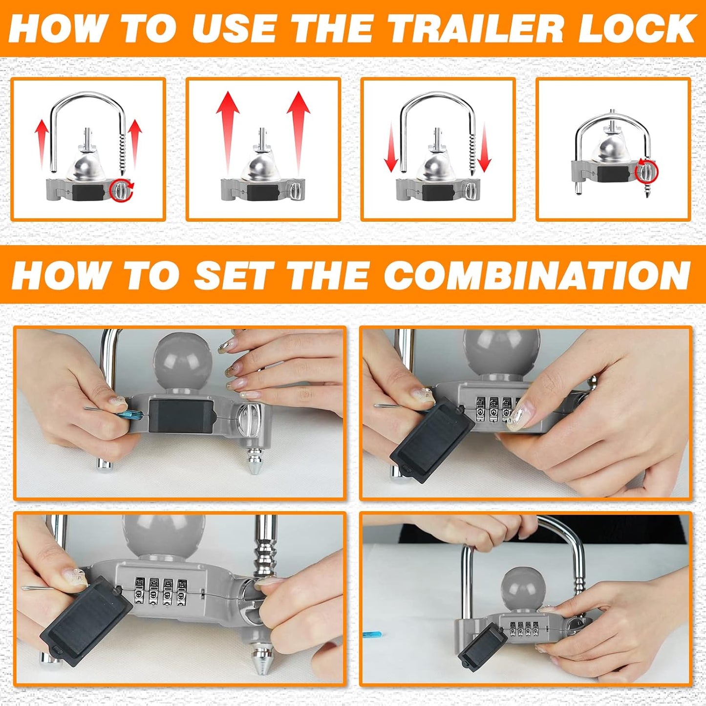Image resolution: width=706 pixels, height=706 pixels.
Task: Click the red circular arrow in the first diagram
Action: [x=121, y=190]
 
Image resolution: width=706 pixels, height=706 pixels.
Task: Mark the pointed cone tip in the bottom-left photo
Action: [x=264, y=657]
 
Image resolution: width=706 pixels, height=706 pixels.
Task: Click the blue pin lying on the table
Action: [x=371, y=635]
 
